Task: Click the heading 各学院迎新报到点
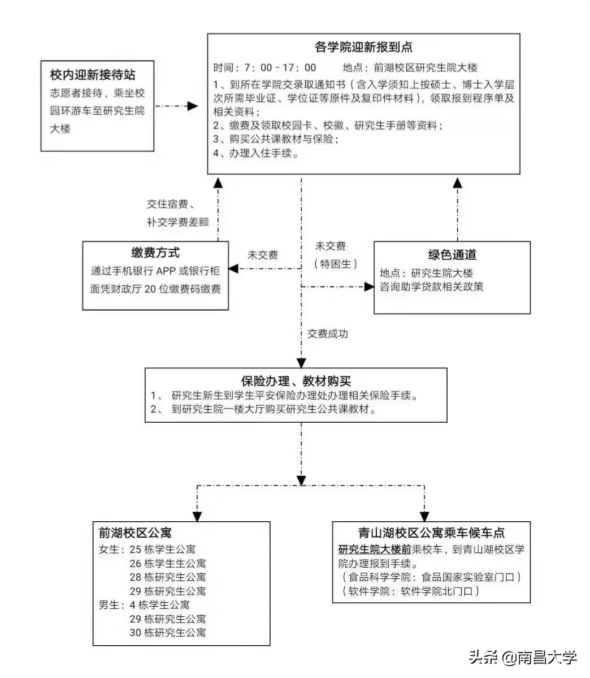363,47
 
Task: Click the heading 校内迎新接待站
93,74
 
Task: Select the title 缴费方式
155,253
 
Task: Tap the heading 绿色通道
452,255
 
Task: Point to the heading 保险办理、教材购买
296,381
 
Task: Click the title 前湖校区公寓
135,533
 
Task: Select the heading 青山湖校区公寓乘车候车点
431,533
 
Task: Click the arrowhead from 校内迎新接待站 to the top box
193,106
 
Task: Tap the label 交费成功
328,334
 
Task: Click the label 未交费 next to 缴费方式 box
263,255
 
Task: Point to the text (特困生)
336,264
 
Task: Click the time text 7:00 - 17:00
280,68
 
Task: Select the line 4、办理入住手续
256,153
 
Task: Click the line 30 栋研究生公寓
168,633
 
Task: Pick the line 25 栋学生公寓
163,549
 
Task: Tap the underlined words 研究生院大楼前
375,550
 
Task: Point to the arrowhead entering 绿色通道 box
369,287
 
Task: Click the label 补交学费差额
178,222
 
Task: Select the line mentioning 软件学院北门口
410,591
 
